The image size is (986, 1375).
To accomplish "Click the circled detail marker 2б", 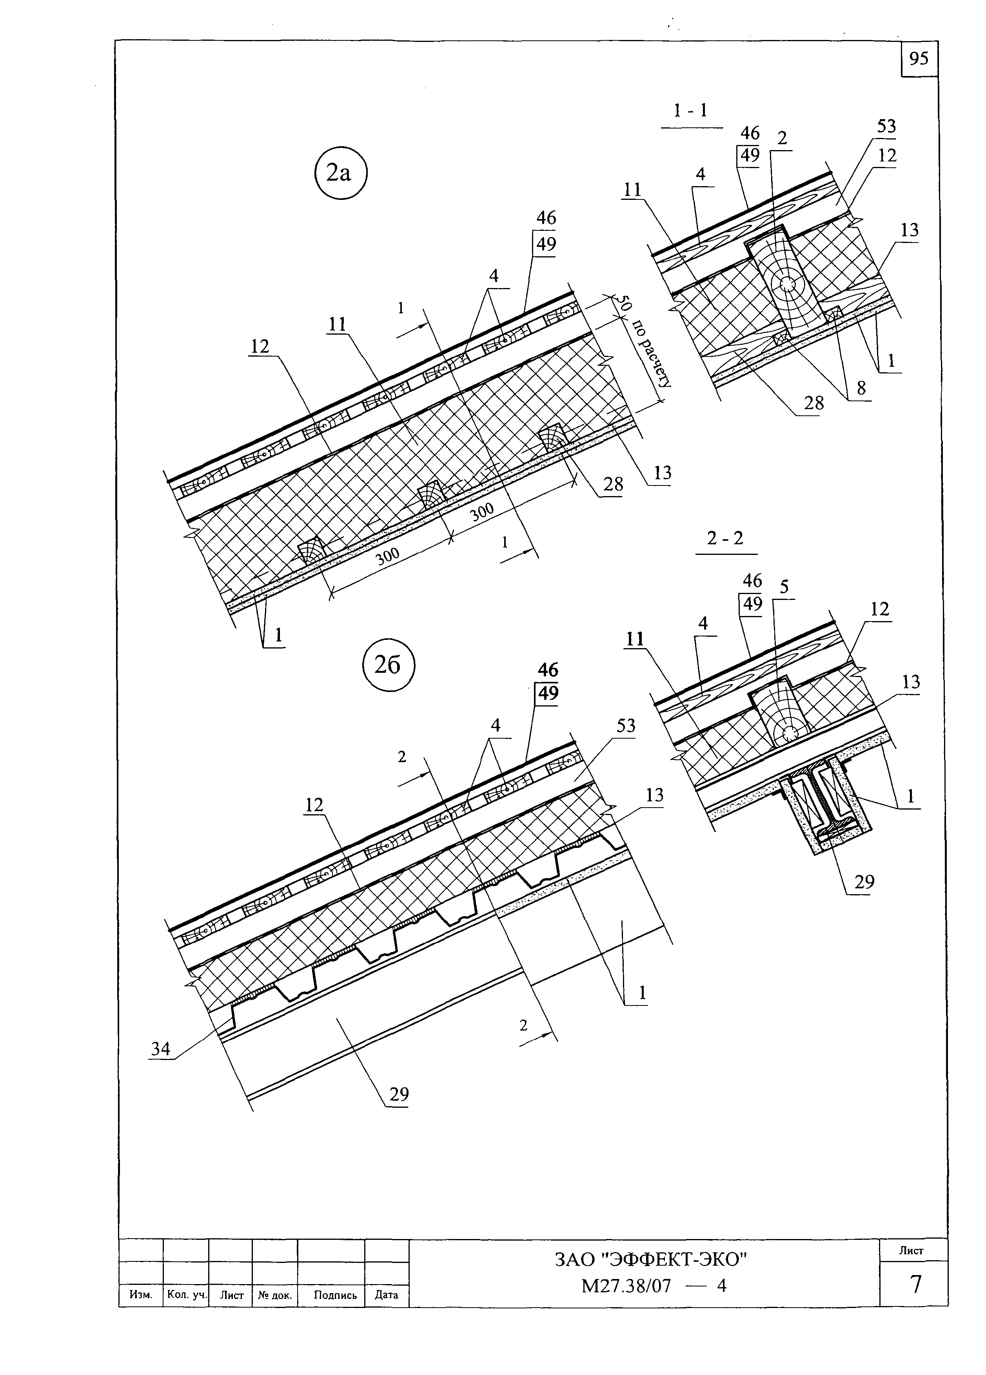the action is point(388,666).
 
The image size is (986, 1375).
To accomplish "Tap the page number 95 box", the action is point(919,59).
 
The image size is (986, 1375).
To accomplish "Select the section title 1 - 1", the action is point(691,111).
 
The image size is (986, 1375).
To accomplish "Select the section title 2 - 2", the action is point(725,538).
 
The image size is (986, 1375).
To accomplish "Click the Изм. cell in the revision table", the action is point(141,1295).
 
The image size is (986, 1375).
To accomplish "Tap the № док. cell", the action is point(275,1295).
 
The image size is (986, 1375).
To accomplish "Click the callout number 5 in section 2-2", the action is point(784,586).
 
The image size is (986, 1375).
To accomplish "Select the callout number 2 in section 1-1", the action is point(782,138).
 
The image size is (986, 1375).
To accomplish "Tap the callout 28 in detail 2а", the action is point(613,484).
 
